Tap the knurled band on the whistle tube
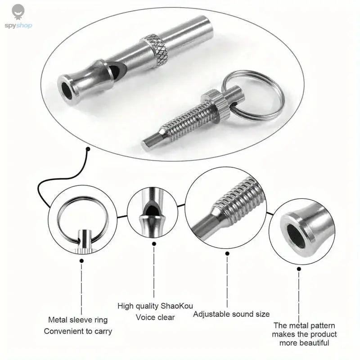pyautogui.click(x=157, y=50)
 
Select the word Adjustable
pyautogui.click(x=213, y=314)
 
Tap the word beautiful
pyautogui.click(x=311, y=343)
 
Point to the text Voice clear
pyautogui.click(x=155, y=317)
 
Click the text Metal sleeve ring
pyautogui.click(x=78, y=320)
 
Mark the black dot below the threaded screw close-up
pyautogui.click(x=227, y=253)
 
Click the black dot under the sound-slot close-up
pyautogui.click(x=154, y=244)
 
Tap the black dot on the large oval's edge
pyautogui.click(x=89, y=149)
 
